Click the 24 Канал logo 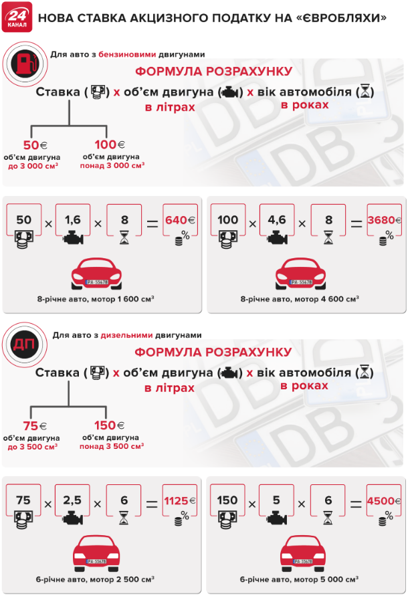click(x=17, y=17)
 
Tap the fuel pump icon click(x=25, y=64)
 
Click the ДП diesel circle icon click(x=25, y=344)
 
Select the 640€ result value click(x=180, y=220)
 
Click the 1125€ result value click(x=179, y=501)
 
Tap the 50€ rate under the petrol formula click(x=35, y=145)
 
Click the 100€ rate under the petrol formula click(x=110, y=144)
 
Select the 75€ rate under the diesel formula click(x=35, y=426)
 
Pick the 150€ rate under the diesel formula click(x=110, y=425)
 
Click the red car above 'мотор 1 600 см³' click(x=96, y=273)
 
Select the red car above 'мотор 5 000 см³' click(x=303, y=553)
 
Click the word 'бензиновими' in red click(x=127, y=54)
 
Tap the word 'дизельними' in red click(x=126, y=335)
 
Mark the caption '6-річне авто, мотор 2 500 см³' click(x=95, y=579)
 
